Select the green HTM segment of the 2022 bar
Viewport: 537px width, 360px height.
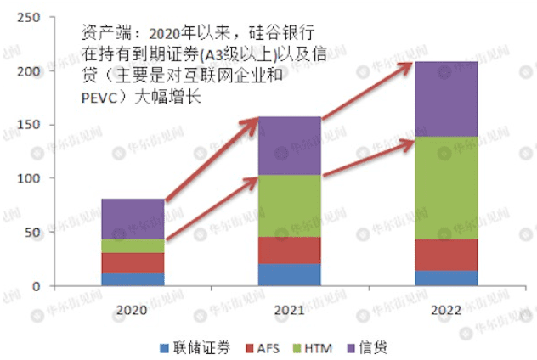coord(445,188)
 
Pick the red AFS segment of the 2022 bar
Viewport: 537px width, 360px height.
coord(445,255)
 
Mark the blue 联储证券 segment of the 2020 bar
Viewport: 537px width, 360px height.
coord(133,279)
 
